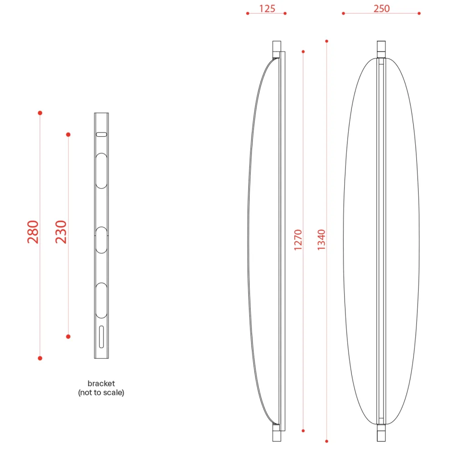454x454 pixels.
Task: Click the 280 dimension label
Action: tap(33, 232)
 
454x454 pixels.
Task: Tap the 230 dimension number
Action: tap(61, 232)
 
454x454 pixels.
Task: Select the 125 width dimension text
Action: tap(267, 9)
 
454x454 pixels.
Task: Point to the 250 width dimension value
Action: tap(381, 9)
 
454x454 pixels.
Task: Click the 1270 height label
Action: tap(298, 240)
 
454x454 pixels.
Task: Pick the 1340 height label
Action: tap(321, 240)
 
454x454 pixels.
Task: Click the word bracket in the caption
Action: tap(101, 383)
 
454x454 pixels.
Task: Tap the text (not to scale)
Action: tap(101, 393)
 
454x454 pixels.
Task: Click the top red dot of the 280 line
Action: tap(40, 113)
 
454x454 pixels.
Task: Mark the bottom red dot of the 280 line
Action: tap(40, 358)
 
